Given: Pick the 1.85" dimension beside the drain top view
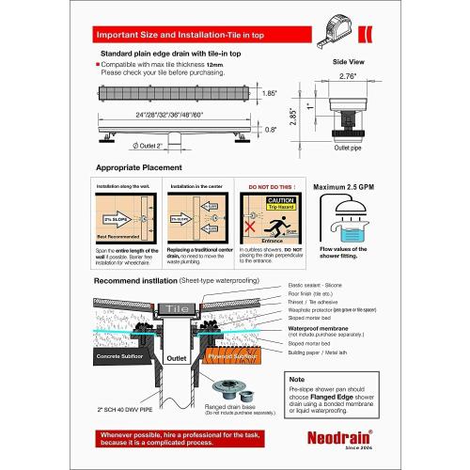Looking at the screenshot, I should pyautogui.click(x=270, y=94).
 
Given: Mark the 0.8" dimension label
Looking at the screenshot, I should pyautogui.click(x=271, y=130).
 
